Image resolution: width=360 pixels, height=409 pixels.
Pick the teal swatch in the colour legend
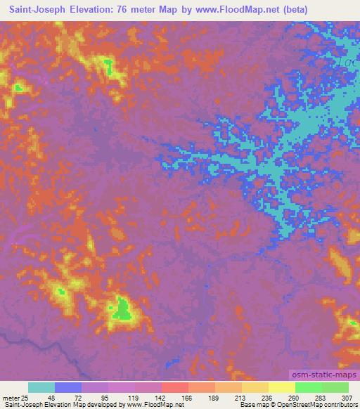[x=41, y=387]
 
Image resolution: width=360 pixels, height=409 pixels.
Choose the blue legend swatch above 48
[x=68, y=387]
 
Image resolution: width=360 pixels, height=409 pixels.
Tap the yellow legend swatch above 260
[x=282, y=387]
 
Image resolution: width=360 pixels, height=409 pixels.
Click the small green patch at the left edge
[x=18, y=87]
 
